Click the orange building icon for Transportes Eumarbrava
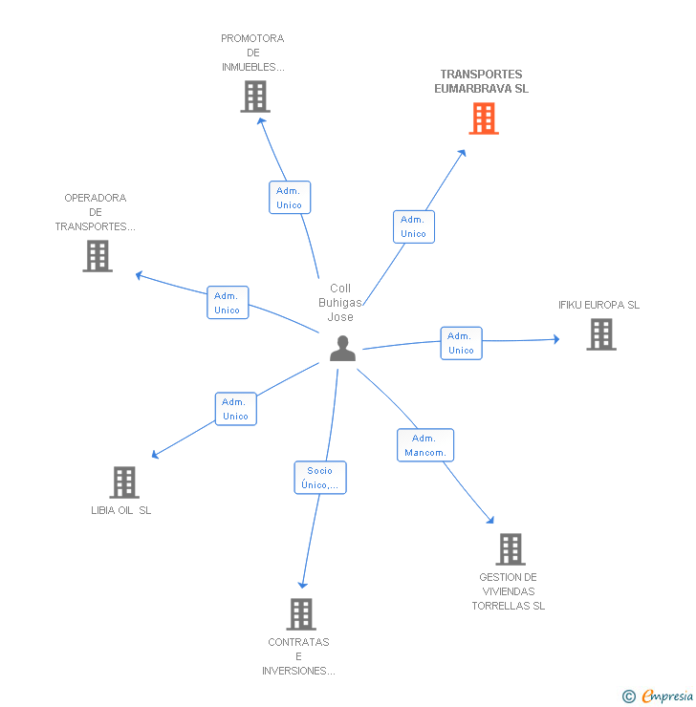[x=484, y=118]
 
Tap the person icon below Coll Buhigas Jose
[x=342, y=348]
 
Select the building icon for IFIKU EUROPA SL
[x=601, y=334]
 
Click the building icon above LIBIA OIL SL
[x=124, y=482]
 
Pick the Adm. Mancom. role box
[x=425, y=445]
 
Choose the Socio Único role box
[x=320, y=478]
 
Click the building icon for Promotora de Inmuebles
[x=255, y=96]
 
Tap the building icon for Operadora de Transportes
[x=98, y=256]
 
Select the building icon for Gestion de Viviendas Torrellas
[x=511, y=549]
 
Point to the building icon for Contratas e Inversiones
[x=301, y=614]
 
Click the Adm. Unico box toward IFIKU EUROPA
[x=461, y=343]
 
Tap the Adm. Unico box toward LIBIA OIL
[x=236, y=409]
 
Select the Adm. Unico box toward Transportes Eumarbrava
[x=414, y=226]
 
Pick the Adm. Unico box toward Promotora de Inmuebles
[x=290, y=198]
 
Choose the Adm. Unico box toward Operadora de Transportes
[x=228, y=303]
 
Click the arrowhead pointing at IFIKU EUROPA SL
[x=556, y=339]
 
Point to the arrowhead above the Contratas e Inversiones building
[x=303, y=586]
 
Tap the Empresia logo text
[x=667, y=696]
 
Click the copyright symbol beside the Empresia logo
[x=629, y=696]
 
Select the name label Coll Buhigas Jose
[x=340, y=303]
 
